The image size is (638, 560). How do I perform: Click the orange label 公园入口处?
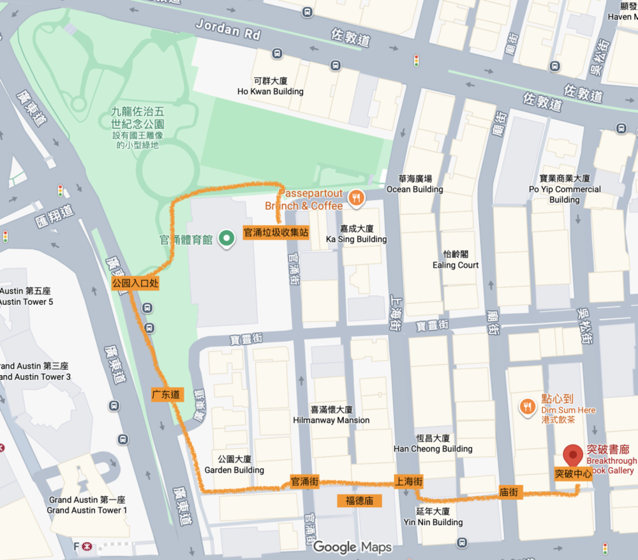[135, 283]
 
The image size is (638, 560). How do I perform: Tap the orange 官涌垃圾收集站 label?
[276, 233]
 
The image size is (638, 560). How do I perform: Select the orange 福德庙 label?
[359, 500]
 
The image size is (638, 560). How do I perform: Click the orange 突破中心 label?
[572, 475]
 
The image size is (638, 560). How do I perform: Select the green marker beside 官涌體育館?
[226, 239]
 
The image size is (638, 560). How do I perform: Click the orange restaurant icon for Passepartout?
[356, 199]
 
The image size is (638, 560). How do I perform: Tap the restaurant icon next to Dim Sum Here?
[527, 406]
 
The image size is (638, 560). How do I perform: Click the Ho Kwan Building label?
[271, 87]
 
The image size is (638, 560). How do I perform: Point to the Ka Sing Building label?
[356, 234]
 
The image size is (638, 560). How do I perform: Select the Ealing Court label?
[456, 260]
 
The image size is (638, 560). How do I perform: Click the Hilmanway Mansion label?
[331, 415]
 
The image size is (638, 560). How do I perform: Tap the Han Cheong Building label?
[433, 444]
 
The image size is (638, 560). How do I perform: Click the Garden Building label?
[234, 465]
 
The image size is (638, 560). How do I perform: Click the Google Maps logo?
[352, 547]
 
